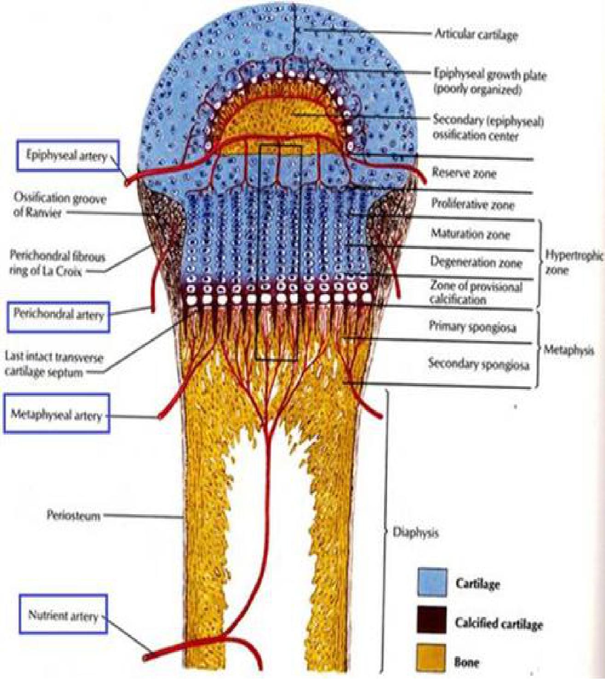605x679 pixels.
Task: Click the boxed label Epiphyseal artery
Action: (x=67, y=156)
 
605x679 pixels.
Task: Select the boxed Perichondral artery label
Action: (x=58, y=315)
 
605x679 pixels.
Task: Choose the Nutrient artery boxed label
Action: (x=63, y=615)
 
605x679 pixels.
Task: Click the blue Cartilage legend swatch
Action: (x=432, y=583)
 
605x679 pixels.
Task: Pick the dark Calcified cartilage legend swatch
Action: (x=431, y=620)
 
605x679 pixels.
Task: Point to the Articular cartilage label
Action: (x=476, y=35)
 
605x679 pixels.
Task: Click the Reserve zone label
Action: (x=464, y=173)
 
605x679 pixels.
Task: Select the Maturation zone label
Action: (x=470, y=234)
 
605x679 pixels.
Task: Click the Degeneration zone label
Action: (x=476, y=263)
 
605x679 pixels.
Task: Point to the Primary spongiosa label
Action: (x=472, y=327)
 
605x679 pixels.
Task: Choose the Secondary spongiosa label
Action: (x=478, y=364)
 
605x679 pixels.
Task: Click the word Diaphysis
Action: (x=415, y=533)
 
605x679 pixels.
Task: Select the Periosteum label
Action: (x=74, y=515)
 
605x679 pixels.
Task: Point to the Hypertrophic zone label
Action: (x=573, y=262)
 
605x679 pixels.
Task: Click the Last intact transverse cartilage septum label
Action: (x=53, y=364)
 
